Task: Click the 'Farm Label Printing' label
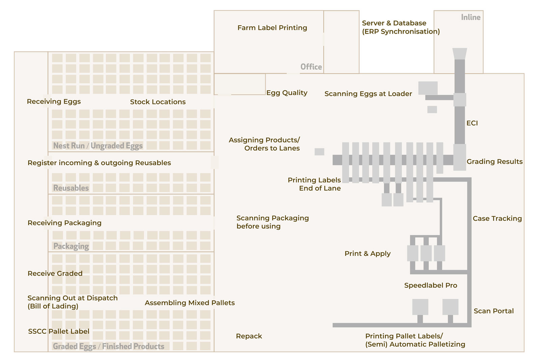(272, 28)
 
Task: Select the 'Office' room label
(311, 67)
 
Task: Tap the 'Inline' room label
(470, 17)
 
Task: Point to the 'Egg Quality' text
(287, 93)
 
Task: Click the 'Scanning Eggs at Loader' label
(368, 94)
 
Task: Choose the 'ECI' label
(472, 123)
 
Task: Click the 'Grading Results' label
(494, 162)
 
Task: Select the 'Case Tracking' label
(497, 218)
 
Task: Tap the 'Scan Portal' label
(493, 311)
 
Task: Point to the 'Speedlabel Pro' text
(430, 285)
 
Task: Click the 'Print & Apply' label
(367, 253)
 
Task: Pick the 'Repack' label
(249, 336)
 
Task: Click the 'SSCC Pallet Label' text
(59, 331)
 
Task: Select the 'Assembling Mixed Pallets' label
(190, 303)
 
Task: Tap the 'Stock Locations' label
(158, 102)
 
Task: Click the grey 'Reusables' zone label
(71, 188)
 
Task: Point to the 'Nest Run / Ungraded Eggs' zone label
(98, 146)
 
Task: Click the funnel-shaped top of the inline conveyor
(459, 54)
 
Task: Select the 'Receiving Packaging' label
(64, 223)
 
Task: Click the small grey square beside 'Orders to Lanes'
(319, 152)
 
